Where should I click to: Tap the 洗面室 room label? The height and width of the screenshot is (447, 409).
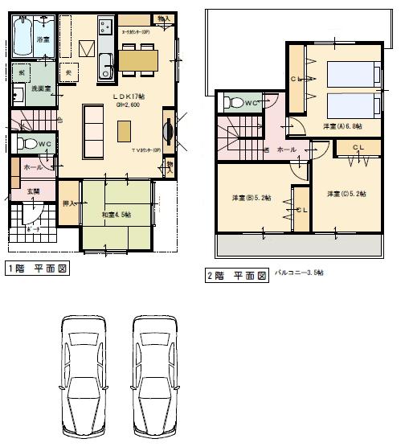coord(42,88)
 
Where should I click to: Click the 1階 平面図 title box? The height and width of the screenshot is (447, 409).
coord(36,268)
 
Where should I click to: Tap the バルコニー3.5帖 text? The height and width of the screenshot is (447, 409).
coord(299,273)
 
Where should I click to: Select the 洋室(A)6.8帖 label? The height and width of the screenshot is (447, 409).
coord(342,126)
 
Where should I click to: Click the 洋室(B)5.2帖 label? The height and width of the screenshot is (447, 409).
coord(252,198)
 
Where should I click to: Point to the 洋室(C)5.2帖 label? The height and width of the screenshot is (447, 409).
coord(347,193)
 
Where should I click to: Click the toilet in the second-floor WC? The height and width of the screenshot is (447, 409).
coord(234,103)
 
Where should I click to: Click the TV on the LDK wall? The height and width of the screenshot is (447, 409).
coord(167,133)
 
